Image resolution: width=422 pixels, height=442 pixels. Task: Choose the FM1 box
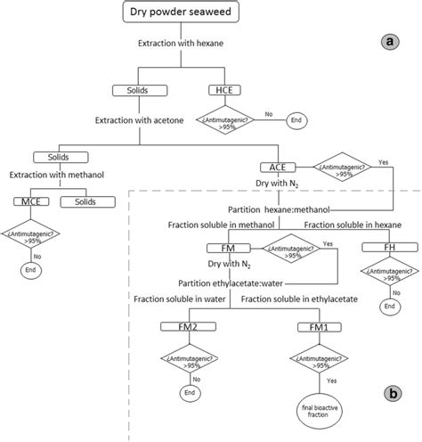coord(315,327)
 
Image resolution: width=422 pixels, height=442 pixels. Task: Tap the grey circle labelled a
coord(389,42)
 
